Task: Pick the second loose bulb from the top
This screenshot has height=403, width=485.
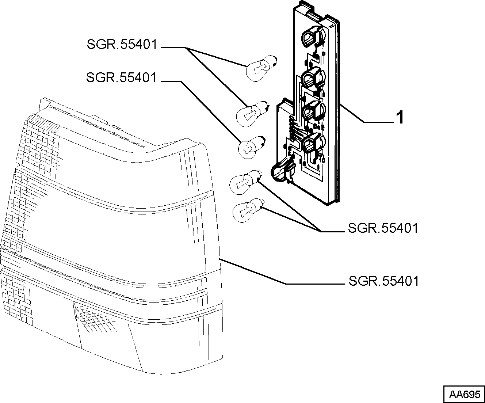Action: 253,114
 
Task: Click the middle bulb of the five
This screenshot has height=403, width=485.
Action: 252,148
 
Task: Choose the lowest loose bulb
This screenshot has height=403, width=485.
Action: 248,210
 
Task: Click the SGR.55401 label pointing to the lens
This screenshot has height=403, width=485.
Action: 383,281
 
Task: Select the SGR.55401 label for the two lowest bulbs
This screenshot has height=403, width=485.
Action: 383,228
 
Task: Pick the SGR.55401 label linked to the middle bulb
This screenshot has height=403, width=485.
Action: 121,77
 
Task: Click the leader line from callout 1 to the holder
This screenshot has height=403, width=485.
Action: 367,114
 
